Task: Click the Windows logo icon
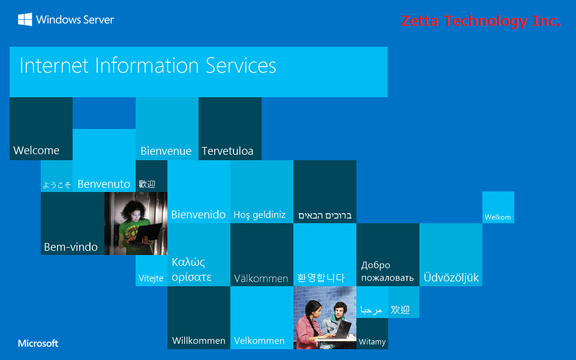click(25, 20)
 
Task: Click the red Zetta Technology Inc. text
click(481, 22)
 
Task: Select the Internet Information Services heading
click(148, 65)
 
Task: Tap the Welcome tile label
click(36, 150)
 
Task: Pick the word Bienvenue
click(166, 151)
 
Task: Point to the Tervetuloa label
click(227, 151)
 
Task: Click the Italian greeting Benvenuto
click(104, 184)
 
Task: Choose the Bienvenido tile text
click(198, 214)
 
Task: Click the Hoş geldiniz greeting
click(259, 215)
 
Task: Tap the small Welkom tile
click(497, 217)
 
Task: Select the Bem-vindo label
click(70, 247)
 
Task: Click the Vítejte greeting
click(151, 278)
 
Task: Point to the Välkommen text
click(261, 278)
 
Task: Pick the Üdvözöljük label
click(451, 278)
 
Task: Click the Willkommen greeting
click(199, 340)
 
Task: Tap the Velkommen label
click(259, 340)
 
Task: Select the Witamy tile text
click(372, 342)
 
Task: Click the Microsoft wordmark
click(38, 343)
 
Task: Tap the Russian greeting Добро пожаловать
click(387, 271)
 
